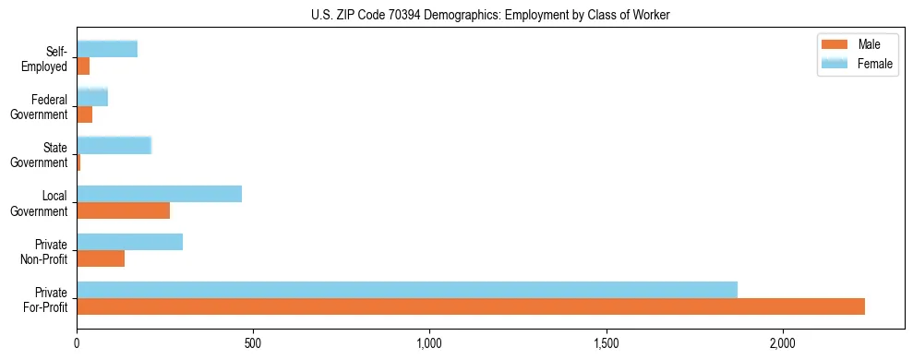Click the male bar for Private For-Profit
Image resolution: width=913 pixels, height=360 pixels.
tap(471, 306)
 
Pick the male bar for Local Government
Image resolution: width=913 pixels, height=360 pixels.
tap(123, 210)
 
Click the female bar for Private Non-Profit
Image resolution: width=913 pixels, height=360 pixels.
tap(129, 242)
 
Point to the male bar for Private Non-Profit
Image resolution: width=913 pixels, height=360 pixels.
tap(101, 258)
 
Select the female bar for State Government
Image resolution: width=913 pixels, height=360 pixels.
tap(114, 145)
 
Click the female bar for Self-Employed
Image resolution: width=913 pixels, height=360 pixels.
tap(107, 49)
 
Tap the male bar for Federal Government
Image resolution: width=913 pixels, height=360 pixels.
tap(84, 114)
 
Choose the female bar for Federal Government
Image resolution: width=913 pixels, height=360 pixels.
tap(92, 97)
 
